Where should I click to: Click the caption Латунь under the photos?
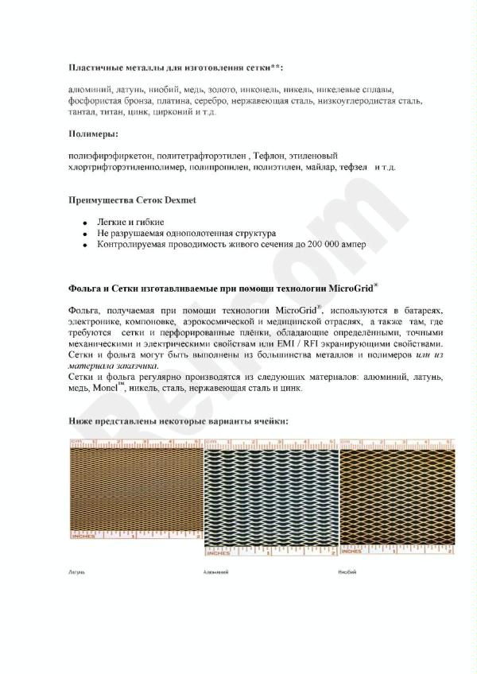point(77,571)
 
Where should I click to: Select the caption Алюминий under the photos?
point(215,571)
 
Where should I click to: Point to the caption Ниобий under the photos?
point(347,571)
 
